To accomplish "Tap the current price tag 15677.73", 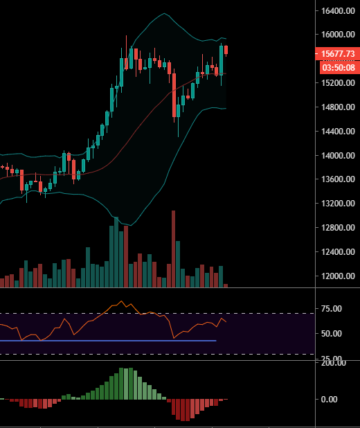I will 336,54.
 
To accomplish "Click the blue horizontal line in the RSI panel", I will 104,341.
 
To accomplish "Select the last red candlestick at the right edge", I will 226,49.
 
